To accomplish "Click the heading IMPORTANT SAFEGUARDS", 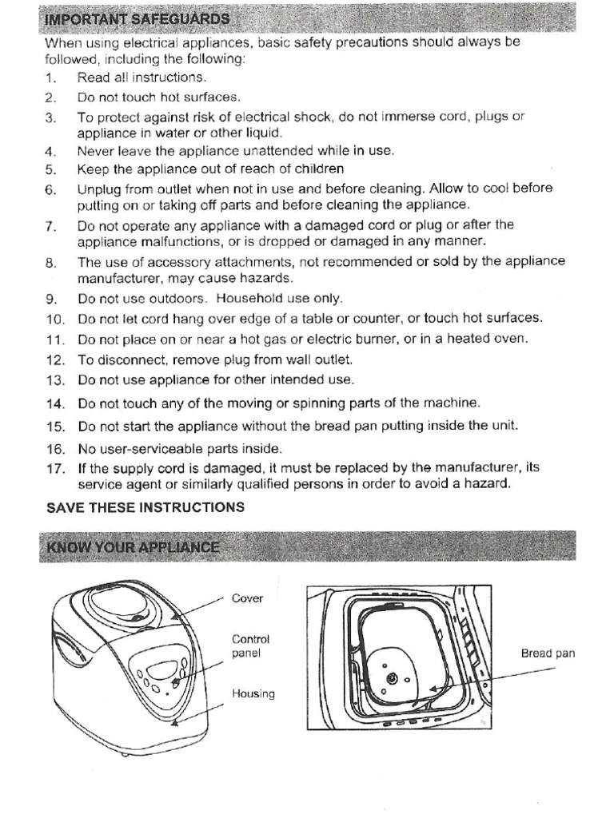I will [x=137, y=19].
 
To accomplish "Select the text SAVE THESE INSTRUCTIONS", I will [x=145, y=507].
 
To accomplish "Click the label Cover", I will [x=247, y=598].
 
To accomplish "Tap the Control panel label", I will [x=250, y=645].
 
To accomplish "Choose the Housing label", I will [x=253, y=693].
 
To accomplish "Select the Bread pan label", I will [x=548, y=653].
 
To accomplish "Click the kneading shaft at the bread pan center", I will [x=391, y=678].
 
